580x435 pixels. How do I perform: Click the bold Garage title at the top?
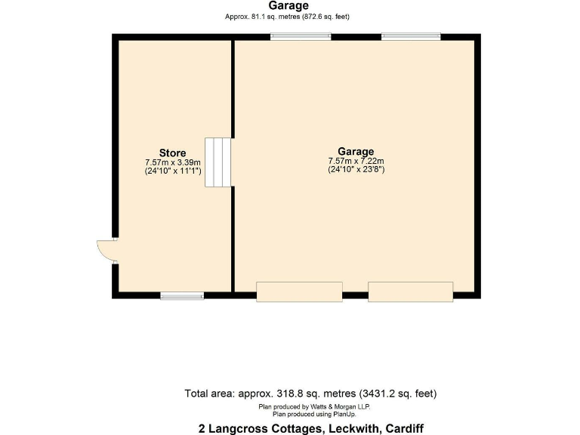(287, 6)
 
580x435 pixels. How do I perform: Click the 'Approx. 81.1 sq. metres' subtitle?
(287, 17)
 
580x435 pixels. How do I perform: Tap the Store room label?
(172, 153)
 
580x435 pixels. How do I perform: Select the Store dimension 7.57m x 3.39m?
(172, 162)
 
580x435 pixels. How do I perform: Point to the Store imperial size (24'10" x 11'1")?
(172, 171)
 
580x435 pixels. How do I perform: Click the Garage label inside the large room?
(356, 151)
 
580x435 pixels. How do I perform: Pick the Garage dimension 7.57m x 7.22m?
(356, 161)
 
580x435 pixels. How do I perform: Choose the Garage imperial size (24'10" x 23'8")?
(356, 170)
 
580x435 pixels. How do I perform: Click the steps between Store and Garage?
(217, 162)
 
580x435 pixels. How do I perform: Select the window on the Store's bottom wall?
(182, 295)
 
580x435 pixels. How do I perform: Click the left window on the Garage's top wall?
(301, 36)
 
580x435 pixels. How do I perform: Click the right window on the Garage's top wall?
(411, 36)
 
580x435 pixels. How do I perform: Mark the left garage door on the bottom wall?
(299, 292)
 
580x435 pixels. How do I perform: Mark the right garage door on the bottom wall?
(410, 292)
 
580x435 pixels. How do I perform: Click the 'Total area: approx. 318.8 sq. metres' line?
(310, 393)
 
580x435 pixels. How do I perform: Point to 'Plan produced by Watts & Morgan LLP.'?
(314, 406)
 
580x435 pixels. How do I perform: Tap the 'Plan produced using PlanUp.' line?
(314, 414)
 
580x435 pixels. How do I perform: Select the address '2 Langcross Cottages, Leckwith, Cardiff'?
(310, 427)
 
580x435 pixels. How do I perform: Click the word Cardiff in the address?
(400, 427)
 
